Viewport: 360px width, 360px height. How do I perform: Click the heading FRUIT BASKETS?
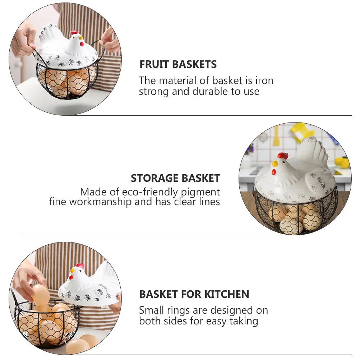[x=178, y=64]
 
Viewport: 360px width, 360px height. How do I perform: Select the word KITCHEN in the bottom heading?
[x=227, y=294]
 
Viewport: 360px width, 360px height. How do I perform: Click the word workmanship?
[x=100, y=202]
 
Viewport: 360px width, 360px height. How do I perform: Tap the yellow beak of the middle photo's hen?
[x=274, y=163]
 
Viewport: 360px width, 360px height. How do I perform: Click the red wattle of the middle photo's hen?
[x=274, y=171]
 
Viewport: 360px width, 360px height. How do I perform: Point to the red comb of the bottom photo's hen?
[x=80, y=266]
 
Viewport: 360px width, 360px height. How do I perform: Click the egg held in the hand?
[x=41, y=295]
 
